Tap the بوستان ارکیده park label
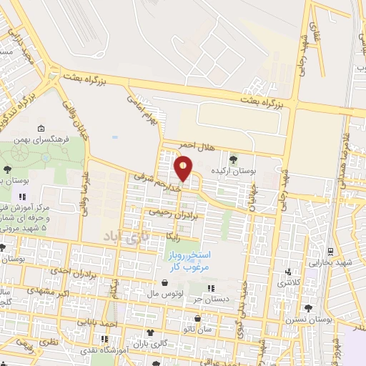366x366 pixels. pos(234,172)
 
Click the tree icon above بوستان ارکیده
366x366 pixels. pos(234,159)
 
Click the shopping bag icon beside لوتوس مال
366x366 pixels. pos(147,293)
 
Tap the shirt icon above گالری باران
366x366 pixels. pos(149,332)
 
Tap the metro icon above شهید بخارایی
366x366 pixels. pos(330,252)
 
